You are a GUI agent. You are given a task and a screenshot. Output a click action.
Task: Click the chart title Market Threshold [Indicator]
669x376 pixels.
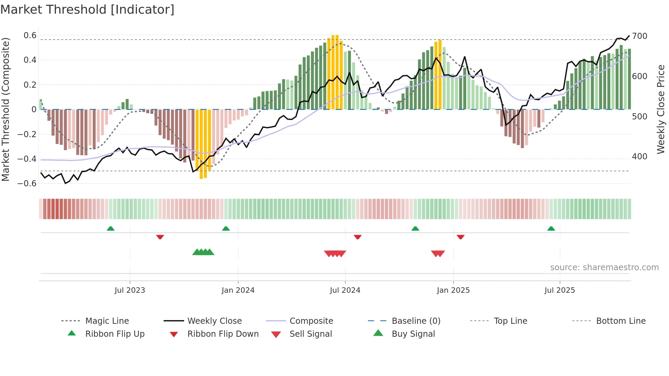pyautogui.click(x=87, y=10)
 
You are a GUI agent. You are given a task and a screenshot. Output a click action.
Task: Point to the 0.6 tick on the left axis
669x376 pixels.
pyautogui.click(x=30, y=35)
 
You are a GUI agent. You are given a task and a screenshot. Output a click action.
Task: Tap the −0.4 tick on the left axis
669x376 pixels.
pyautogui.click(x=27, y=159)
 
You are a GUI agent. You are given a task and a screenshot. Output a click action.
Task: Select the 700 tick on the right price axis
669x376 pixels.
pyautogui.click(x=640, y=36)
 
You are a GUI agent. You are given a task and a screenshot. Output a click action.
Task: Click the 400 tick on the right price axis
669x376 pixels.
pyautogui.click(x=640, y=157)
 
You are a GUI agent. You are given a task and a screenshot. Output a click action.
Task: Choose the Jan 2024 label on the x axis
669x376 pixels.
pyautogui.click(x=238, y=290)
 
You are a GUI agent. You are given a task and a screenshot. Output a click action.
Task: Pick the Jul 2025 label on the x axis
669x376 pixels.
pyautogui.click(x=559, y=290)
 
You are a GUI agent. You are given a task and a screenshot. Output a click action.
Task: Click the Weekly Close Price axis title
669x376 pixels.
pyautogui.click(x=661, y=109)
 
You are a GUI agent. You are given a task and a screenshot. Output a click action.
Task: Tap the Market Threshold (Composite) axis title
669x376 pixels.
pyautogui.click(x=5, y=109)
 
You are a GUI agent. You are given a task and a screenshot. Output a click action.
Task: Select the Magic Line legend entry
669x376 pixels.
pyautogui.click(x=107, y=321)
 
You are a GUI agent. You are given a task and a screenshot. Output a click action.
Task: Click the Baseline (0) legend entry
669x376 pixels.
pyautogui.click(x=416, y=321)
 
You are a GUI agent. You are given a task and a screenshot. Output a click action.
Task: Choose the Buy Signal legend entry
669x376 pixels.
pyautogui.click(x=413, y=334)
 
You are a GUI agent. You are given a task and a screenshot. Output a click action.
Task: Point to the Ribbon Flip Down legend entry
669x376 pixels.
pyautogui.click(x=223, y=334)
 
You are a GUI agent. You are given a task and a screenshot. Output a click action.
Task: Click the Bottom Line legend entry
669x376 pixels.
pyautogui.click(x=621, y=321)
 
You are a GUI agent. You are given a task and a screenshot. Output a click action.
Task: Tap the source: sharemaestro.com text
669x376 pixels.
pyautogui.click(x=604, y=267)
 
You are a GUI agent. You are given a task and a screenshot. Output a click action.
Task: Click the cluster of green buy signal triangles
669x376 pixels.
pyautogui.click(x=203, y=252)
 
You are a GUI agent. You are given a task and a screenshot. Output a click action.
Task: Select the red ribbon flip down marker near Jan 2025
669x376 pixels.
pyautogui.click(x=460, y=237)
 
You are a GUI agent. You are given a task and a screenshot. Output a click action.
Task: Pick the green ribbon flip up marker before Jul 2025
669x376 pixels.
pyautogui.click(x=551, y=229)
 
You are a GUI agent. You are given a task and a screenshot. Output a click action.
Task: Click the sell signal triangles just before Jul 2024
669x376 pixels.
pyautogui.click(x=335, y=254)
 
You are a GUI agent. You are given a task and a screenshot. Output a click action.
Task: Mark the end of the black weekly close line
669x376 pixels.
pyautogui.click(x=629, y=36)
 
